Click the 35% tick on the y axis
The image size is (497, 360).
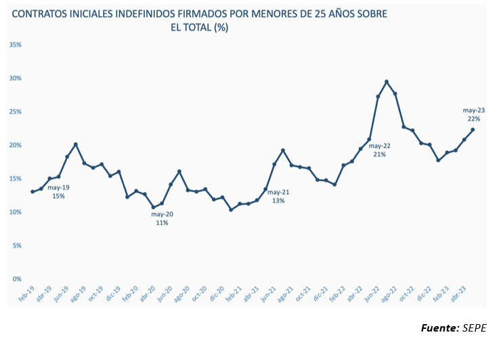[16, 45]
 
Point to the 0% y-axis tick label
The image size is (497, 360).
[18, 278]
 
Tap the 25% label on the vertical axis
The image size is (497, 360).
[16, 112]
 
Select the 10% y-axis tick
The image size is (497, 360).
[16, 212]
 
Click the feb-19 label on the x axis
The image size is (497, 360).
[27, 294]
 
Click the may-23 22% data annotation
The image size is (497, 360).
[473, 114]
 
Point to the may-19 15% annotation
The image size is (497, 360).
[59, 192]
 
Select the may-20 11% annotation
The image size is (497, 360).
[161, 218]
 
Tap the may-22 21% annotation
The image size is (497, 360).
[379, 150]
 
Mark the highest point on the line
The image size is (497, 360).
[387, 82]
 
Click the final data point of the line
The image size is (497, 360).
[472, 130]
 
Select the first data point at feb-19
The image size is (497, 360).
[33, 192]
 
